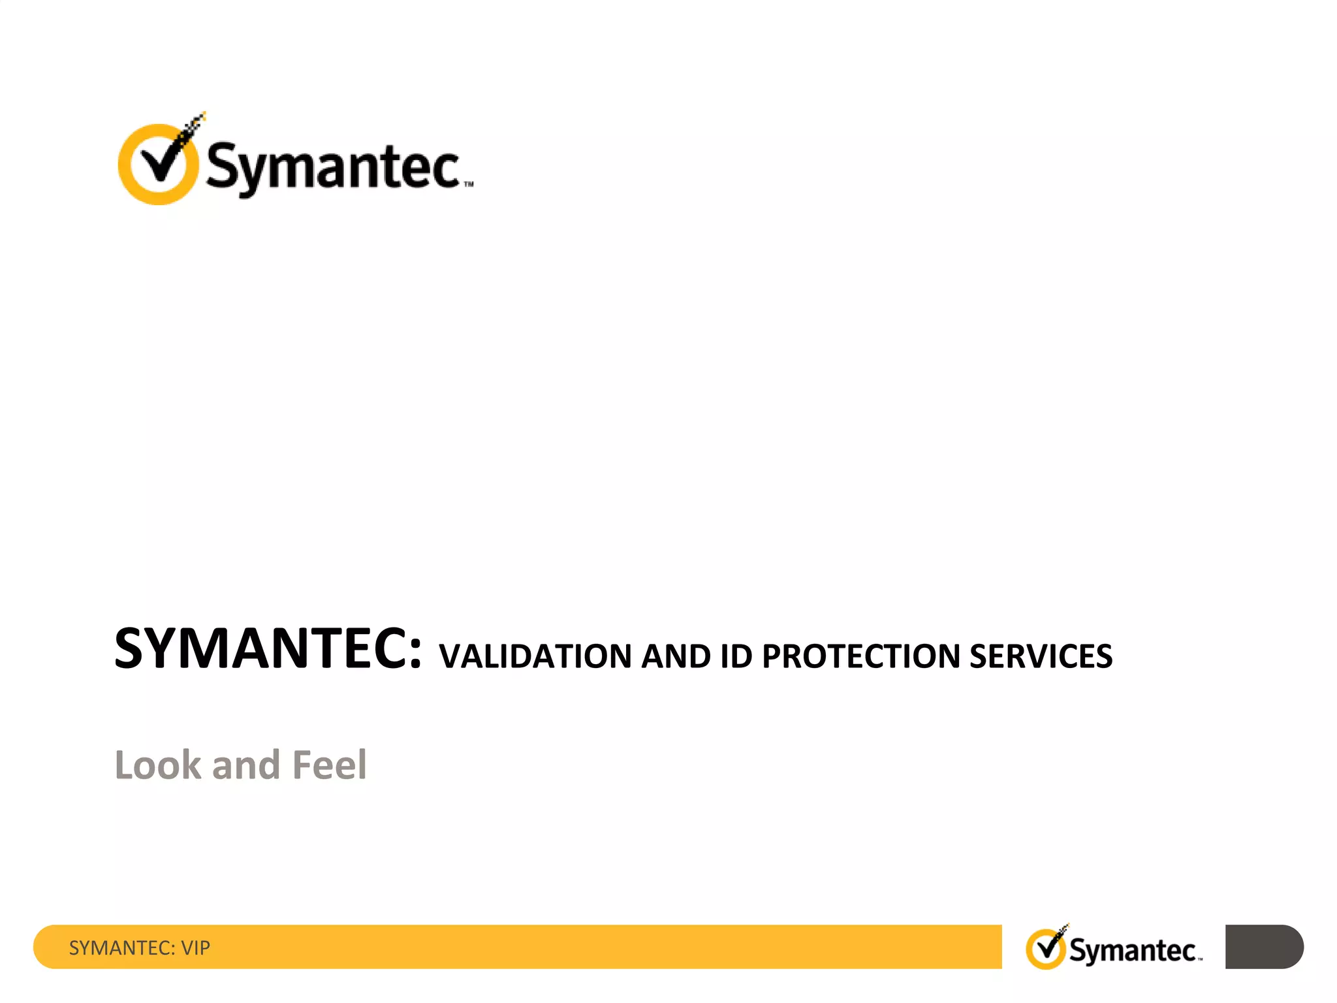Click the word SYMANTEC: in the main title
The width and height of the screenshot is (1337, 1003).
tap(268, 649)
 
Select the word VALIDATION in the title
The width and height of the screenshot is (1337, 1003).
tap(535, 657)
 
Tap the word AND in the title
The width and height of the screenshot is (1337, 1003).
tap(676, 657)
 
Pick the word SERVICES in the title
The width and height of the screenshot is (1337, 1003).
tap(1041, 657)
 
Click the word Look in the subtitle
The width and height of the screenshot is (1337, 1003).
tap(158, 765)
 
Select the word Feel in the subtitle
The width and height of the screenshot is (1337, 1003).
tap(329, 765)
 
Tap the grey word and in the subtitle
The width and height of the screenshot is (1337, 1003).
tap(246, 765)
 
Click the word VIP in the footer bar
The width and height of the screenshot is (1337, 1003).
tap(195, 947)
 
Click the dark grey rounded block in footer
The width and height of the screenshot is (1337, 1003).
tap(1263, 947)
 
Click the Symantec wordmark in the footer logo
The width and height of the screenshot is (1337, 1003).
tap(1133, 951)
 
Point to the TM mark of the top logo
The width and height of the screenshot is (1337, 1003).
tap(469, 185)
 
